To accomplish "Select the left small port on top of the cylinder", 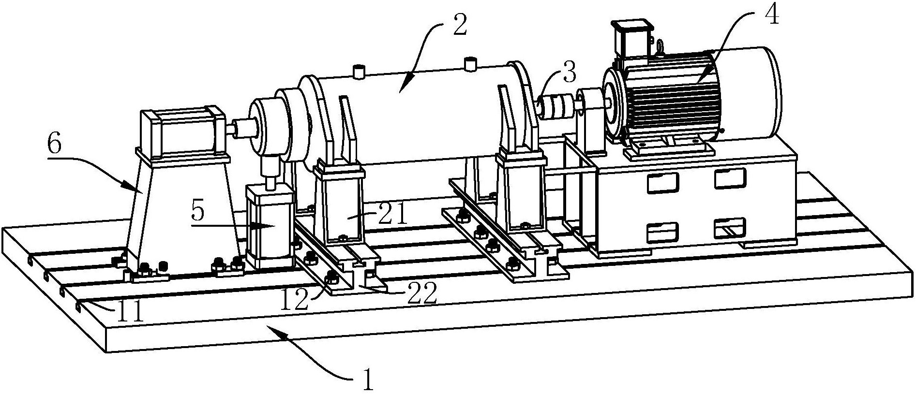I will coord(359,72).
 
